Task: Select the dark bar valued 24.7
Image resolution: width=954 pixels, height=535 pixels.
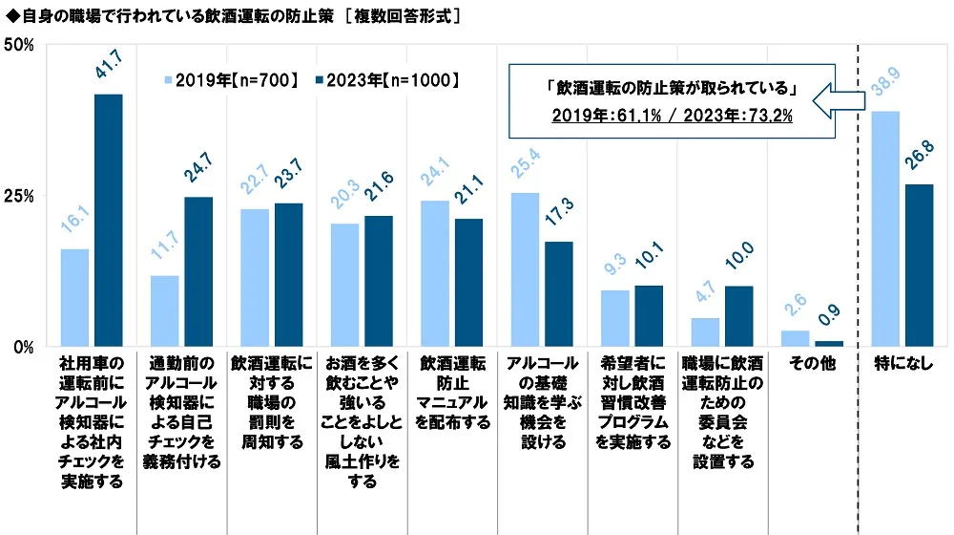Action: pyautogui.click(x=198, y=271)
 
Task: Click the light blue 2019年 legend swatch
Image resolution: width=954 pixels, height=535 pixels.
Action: pyautogui.click(x=170, y=81)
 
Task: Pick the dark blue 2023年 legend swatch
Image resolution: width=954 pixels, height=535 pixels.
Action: pyautogui.click(x=318, y=81)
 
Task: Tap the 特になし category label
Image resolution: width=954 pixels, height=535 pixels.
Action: pyautogui.click(x=904, y=364)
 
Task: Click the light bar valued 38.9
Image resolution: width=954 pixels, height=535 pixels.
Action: pyautogui.click(x=885, y=228)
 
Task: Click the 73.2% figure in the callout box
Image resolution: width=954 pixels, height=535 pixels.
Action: pyautogui.click(x=770, y=117)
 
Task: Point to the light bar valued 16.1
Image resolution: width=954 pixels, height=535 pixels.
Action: pyautogui.click(x=74, y=297)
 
